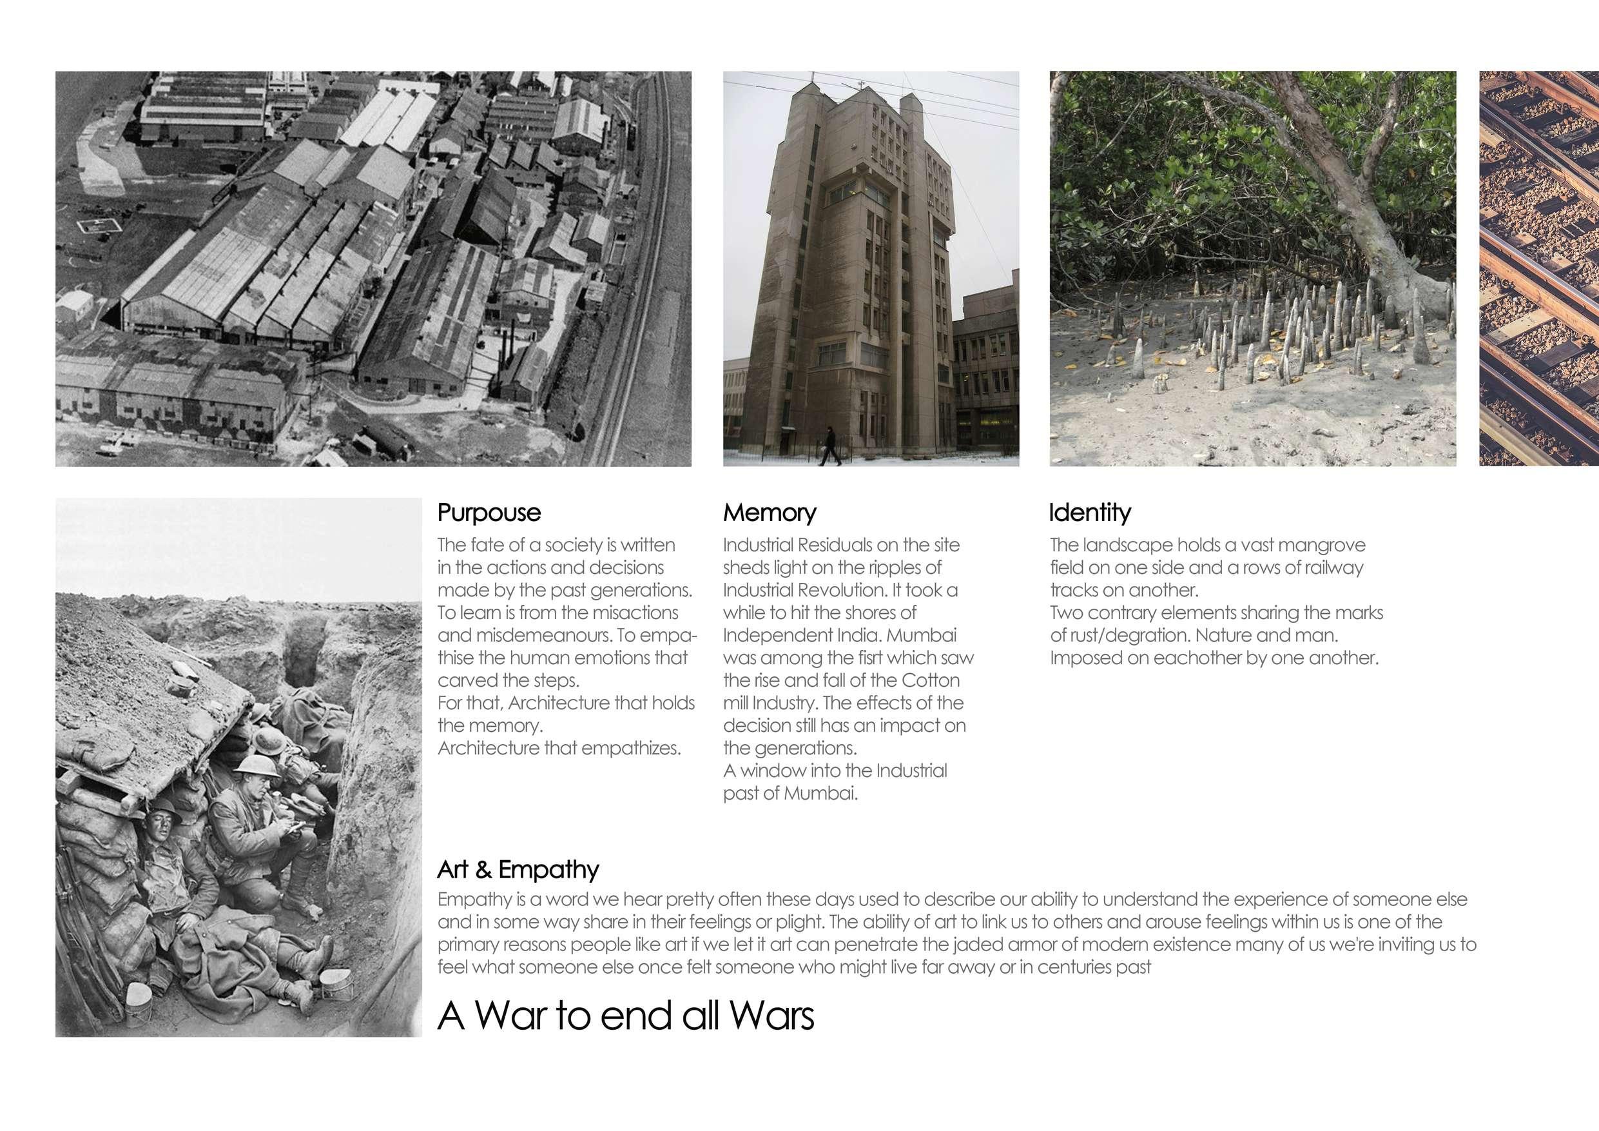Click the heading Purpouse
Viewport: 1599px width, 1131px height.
[489, 513]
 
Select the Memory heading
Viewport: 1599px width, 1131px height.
[769, 513]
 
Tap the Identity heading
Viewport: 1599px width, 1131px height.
[1089, 513]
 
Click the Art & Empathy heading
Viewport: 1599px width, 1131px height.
[518, 870]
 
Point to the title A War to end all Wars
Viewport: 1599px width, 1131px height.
[625, 1016]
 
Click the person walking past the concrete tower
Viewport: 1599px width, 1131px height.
[829, 446]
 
